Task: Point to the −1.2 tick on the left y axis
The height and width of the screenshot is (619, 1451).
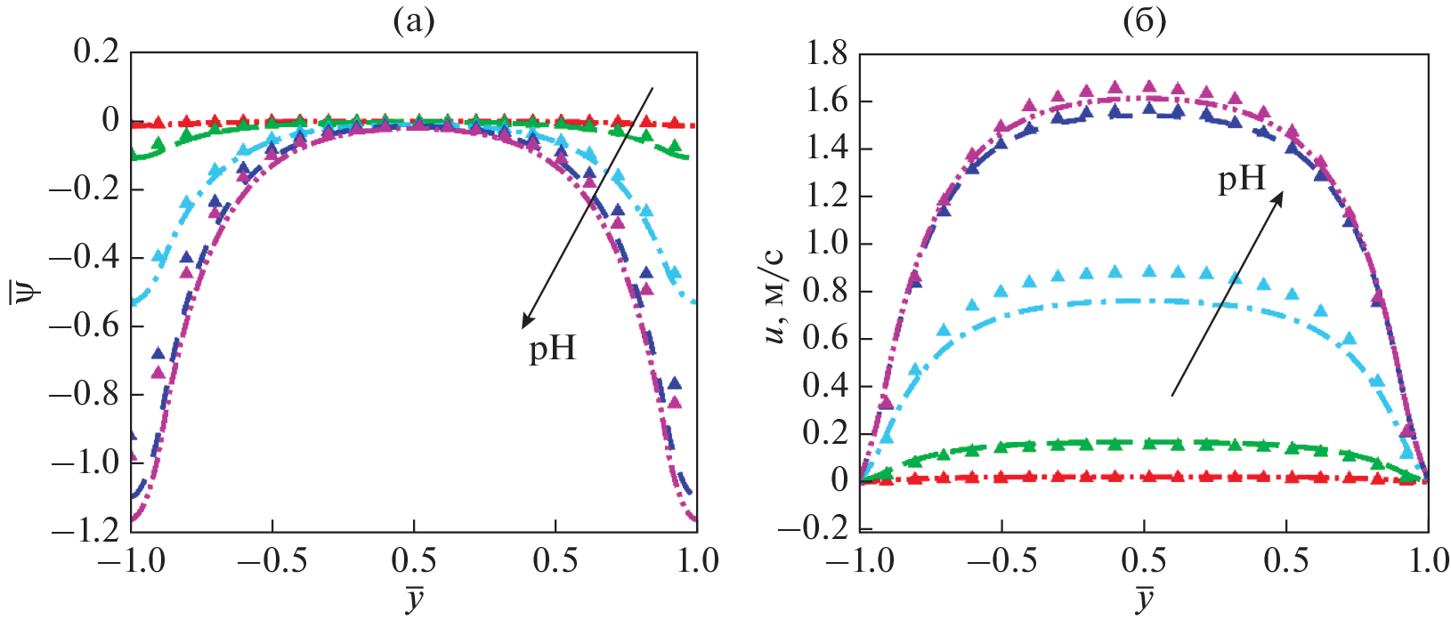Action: (85, 530)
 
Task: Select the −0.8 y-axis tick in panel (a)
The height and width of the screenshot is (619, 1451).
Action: (85, 394)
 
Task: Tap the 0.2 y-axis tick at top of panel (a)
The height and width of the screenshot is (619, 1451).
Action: (96, 52)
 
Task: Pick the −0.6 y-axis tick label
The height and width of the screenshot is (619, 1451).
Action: (85, 326)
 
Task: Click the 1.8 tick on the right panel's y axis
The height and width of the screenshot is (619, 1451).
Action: (827, 54)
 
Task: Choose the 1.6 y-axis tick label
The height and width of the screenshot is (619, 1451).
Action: (827, 101)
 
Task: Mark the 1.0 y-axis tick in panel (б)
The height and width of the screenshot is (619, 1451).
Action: (827, 244)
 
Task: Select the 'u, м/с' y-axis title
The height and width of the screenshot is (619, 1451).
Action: (774, 291)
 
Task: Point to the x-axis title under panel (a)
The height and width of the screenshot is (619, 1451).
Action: (414, 599)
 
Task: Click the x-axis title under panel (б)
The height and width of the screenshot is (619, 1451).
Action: (1145, 599)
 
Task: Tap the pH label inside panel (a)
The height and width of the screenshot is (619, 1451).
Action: (552, 348)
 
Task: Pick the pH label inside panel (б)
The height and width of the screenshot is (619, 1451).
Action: (1242, 180)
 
